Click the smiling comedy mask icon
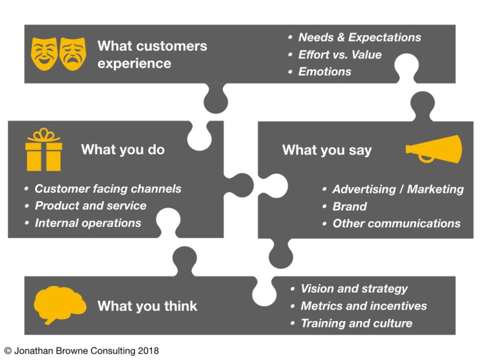[x=44, y=54]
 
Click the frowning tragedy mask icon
[x=73, y=54]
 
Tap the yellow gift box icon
[x=43, y=150]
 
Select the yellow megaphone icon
[x=434, y=150]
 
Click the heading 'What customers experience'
[x=152, y=54]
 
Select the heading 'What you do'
[x=123, y=150]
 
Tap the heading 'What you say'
[x=327, y=150]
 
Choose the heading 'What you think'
[x=147, y=306]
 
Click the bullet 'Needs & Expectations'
[x=359, y=37]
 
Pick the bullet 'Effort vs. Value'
[x=340, y=54]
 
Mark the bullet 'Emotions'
[x=325, y=71]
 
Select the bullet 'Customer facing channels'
[x=108, y=189]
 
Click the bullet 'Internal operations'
[x=88, y=222]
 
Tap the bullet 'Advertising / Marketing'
[x=398, y=189]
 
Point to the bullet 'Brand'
[x=350, y=206]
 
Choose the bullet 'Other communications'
[x=396, y=223]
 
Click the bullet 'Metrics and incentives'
[x=364, y=306]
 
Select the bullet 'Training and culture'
[x=356, y=323]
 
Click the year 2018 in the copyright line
[x=147, y=351]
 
